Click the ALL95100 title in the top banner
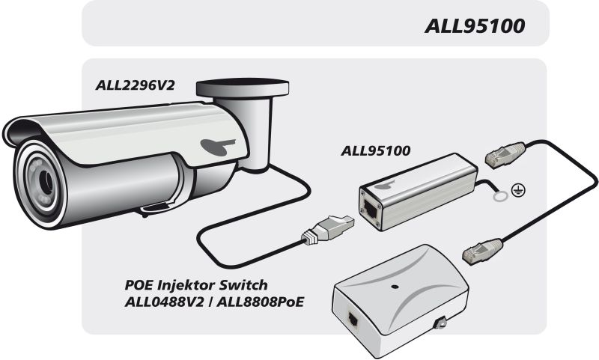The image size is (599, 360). (x=474, y=26)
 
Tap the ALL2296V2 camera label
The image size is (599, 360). (x=135, y=85)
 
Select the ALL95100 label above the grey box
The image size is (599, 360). (x=375, y=150)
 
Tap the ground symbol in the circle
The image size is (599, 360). (x=517, y=191)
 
